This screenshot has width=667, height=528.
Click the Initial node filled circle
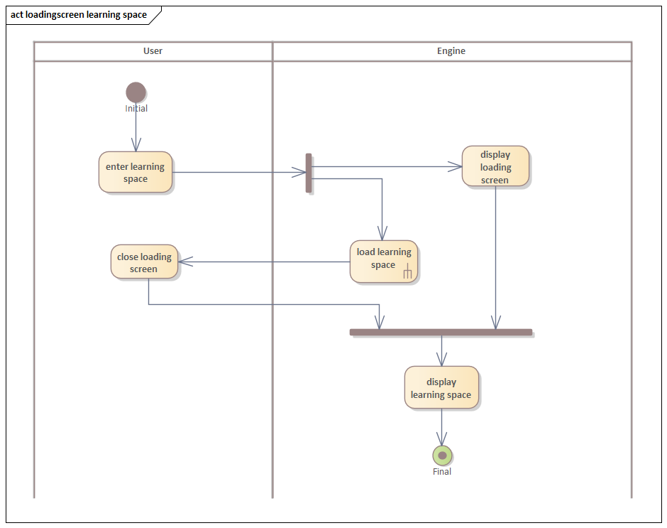[136, 92]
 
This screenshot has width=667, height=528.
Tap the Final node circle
[442, 456]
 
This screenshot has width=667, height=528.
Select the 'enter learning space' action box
[136, 172]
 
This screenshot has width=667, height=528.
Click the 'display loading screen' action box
[495, 167]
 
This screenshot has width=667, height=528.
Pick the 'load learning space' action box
[383, 261]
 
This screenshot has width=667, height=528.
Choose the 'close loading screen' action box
[144, 262]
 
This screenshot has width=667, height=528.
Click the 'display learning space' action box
[441, 388]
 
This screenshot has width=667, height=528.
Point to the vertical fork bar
[309, 173]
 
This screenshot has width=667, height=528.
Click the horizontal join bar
[441, 332]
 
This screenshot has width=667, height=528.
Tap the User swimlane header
[153, 51]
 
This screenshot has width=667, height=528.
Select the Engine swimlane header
[451, 51]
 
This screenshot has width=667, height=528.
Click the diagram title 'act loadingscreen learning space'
[79, 14]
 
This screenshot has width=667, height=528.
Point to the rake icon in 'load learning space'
[408, 272]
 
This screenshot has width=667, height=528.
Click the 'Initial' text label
[136, 109]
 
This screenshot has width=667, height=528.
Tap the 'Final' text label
[442, 471]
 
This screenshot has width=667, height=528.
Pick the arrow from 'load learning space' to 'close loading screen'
[263, 262]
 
